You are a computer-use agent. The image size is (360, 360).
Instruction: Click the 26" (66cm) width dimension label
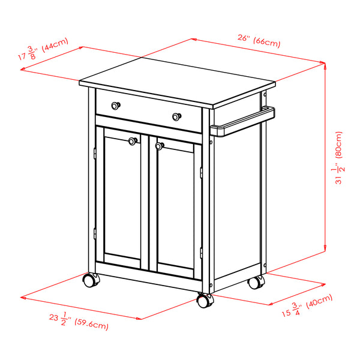[x=259, y=40]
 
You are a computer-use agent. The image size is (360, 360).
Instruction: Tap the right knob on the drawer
[x=176, y=116]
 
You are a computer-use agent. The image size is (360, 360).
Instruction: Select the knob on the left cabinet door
[x=133, y=142]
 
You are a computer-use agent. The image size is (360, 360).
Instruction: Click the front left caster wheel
[x=91, y=280]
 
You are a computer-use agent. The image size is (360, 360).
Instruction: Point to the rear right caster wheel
[x=257, y=281]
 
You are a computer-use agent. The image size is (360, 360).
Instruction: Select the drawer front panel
[x=148, y=110]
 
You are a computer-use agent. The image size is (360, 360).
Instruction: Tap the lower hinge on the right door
[x=202, y=251]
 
